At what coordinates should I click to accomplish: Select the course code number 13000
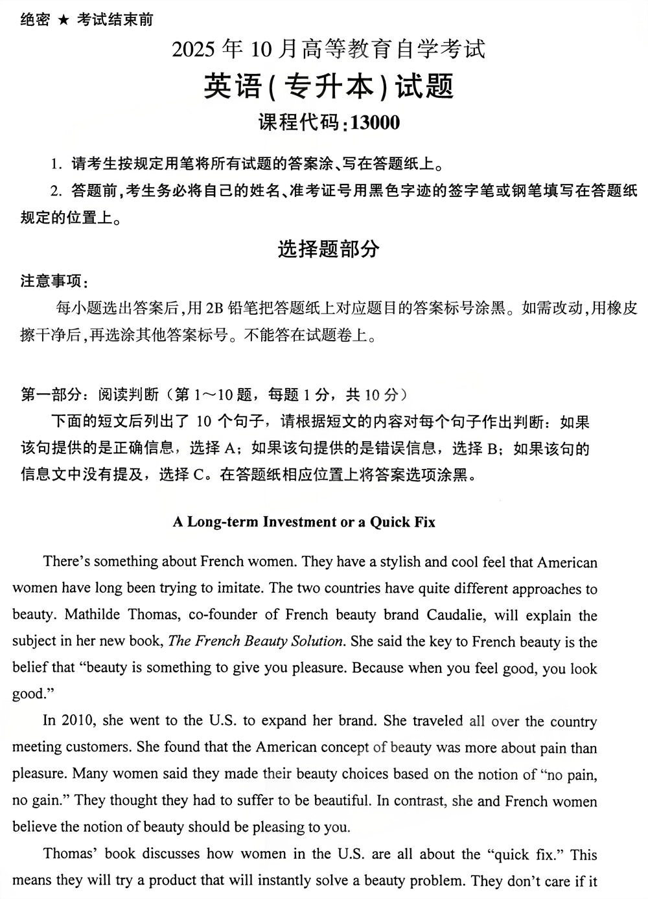coord(375,122)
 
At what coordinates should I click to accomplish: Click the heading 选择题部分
coord(329,249)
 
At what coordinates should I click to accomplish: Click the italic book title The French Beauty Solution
coord(255,641)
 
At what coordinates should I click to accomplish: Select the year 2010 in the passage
coord(79,720)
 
